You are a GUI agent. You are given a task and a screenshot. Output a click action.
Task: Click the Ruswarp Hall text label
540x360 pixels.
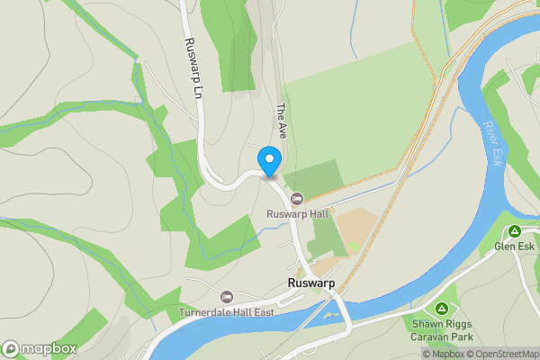coord(298,213)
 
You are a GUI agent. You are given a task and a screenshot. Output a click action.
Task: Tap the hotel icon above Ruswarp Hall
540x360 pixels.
coord(297,198)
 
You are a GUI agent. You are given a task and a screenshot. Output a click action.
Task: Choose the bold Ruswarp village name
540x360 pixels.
coord(310,282)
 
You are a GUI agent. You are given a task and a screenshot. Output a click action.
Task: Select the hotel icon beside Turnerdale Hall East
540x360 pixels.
coord(227,296)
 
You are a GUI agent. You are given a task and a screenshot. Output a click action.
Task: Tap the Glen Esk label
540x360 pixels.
coord(514,246)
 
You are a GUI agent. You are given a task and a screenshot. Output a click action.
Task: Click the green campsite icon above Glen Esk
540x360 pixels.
coord(515,231)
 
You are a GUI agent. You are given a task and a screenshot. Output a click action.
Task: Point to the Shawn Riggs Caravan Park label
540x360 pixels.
coord(443,329)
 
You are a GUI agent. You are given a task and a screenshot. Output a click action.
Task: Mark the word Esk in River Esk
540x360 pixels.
coord(498,157)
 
